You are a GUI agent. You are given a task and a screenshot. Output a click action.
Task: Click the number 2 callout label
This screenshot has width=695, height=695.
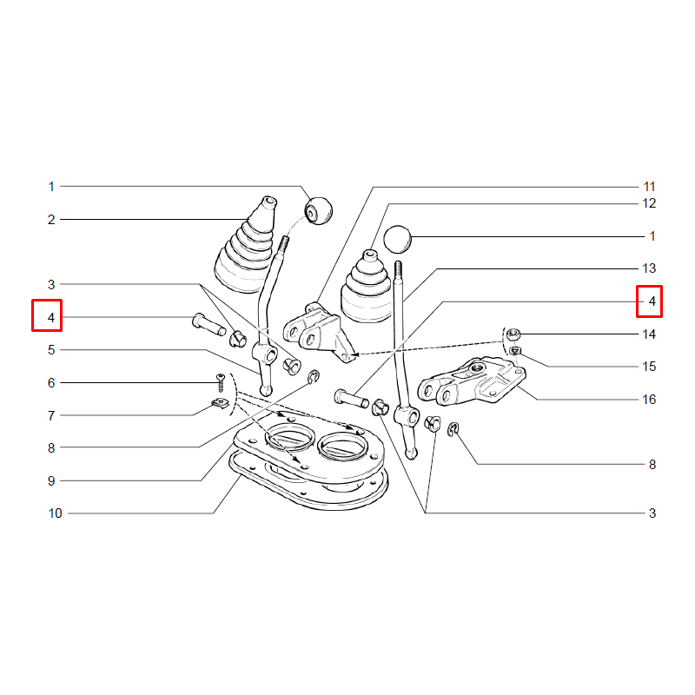point(51,220)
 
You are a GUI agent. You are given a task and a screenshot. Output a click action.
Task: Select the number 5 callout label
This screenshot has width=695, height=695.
point(51,350)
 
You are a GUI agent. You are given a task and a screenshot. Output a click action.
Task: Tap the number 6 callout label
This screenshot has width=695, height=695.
point(51,382)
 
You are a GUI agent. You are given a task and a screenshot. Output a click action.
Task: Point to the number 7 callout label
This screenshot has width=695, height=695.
point(51,415)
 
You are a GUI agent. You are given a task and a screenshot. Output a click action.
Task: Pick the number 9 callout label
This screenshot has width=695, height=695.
point(51,480)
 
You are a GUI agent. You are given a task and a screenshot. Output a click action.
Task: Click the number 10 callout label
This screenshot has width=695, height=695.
point(55,513)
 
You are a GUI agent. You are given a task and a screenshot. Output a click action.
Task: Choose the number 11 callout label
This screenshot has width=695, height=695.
point(649,187)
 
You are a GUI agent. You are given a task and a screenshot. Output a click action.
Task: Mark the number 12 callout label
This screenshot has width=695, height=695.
point(649,203)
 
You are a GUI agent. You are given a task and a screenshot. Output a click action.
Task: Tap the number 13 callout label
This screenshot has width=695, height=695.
point(649,268)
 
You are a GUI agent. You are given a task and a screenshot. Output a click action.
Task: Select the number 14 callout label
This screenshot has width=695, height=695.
point(649,334)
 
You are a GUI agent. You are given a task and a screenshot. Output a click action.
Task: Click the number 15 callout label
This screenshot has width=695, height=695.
point(649,366)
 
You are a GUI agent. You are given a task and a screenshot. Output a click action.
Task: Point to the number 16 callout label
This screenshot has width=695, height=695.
point(649,399)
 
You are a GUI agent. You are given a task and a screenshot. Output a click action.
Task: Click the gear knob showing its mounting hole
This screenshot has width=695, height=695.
point(319,211)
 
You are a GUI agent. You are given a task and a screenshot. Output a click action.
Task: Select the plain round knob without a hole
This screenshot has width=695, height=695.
point(398,240)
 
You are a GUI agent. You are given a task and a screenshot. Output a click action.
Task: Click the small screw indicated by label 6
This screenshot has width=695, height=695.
point(221,383)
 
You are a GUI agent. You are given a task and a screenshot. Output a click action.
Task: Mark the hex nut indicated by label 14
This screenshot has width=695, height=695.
point(513,334)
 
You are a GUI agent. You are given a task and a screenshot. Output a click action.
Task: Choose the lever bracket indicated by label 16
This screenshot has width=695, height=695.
point(472,381)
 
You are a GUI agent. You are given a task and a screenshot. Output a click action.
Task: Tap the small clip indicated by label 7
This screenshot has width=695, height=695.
point(219,404)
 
